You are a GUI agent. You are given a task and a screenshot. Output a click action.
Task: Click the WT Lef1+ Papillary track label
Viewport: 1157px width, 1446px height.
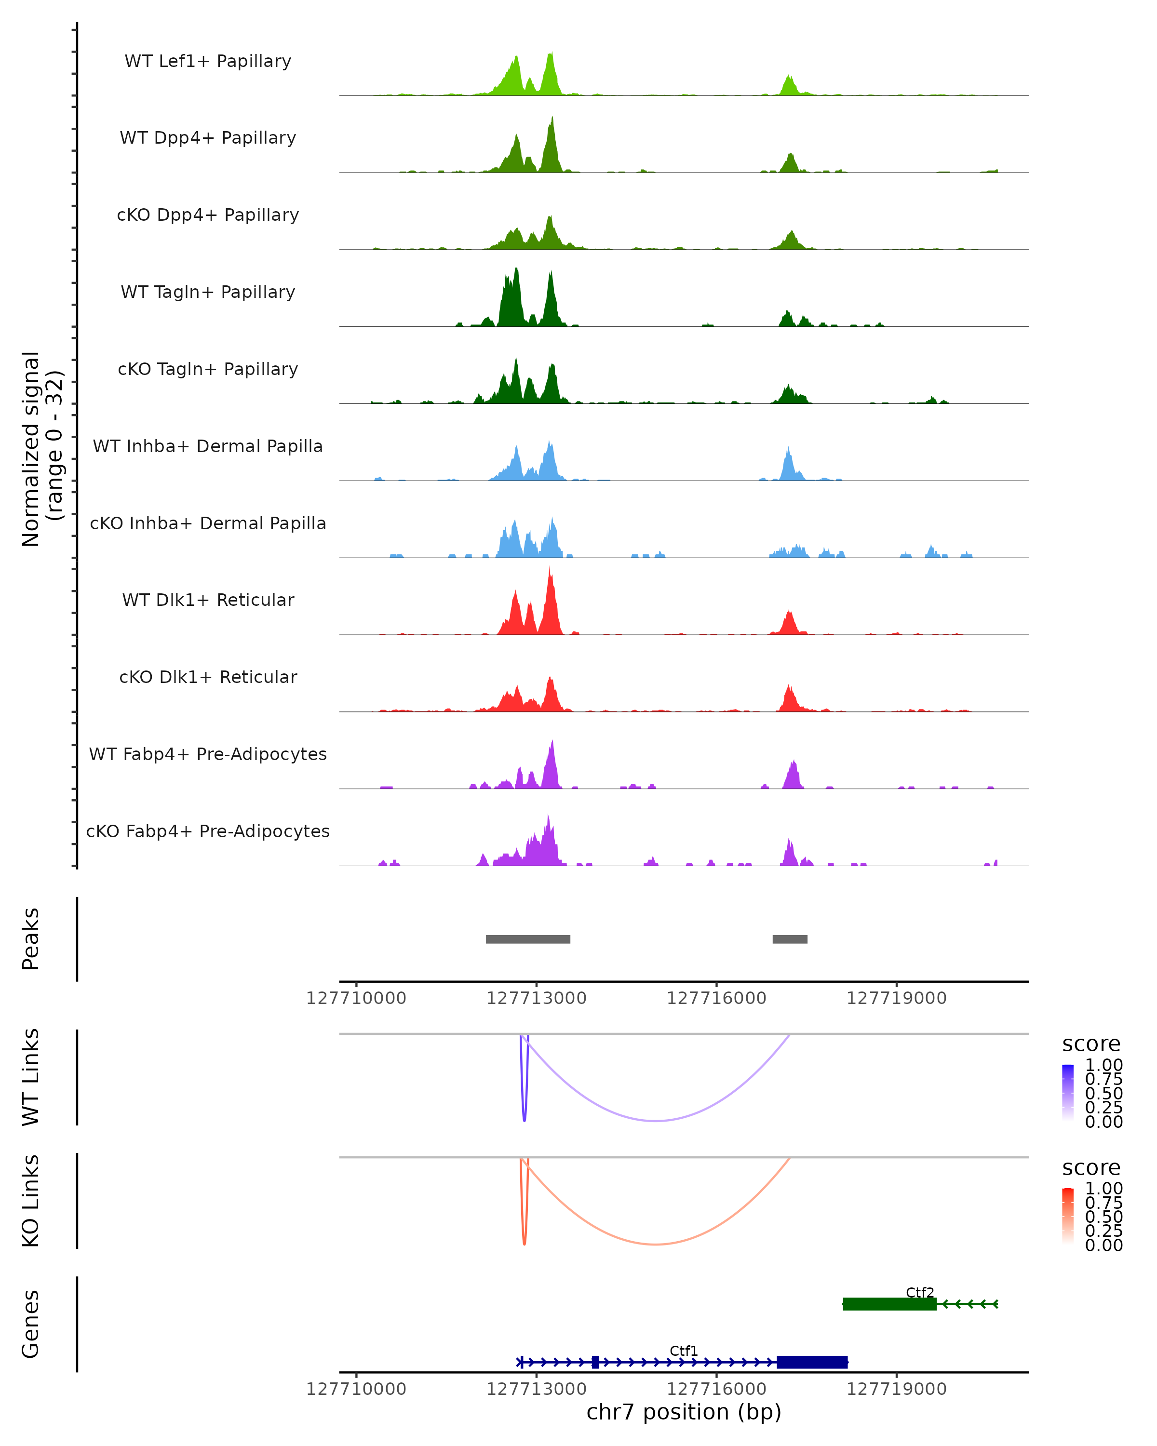point(208,61)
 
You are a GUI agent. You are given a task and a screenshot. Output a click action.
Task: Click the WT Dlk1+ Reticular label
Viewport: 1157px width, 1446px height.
point(208,600)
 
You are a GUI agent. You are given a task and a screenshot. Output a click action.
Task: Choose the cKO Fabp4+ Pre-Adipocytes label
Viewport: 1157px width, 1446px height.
point(208,831)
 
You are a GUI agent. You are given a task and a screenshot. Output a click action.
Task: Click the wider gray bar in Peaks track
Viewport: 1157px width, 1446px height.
point(528,939)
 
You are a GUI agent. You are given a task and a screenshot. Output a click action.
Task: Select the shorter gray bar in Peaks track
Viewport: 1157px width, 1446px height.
point(790,939)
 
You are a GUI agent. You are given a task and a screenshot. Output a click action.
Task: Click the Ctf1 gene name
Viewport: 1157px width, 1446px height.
point(684,1351)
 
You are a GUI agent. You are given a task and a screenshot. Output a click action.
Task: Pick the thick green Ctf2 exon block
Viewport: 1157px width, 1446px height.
point(889,1304)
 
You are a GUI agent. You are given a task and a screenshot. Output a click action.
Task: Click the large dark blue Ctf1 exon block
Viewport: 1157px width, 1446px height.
point(811,1362)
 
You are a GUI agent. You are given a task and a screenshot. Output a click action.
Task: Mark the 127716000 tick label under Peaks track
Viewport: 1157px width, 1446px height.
point(716,998)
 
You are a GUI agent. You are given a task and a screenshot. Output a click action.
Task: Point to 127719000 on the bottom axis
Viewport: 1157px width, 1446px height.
point(896,1389)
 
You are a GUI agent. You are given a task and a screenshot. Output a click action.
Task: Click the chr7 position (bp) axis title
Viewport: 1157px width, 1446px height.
point(684,1412)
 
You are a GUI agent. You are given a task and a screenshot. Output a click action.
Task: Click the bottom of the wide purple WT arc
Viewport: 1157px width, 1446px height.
point(655,1121)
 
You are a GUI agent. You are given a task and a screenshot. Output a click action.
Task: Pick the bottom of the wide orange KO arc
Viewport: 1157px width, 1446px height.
point(655,1245)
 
